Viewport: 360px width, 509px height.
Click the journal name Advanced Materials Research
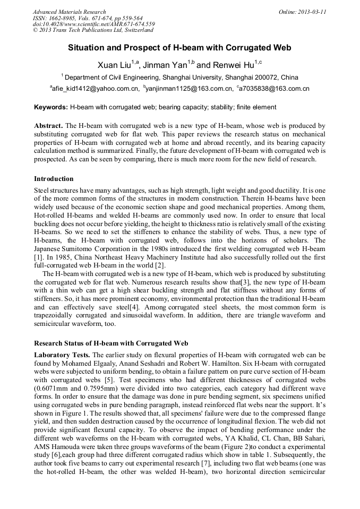[69, 12]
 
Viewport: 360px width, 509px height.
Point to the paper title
[179, 48]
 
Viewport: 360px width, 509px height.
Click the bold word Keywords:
[51, 107]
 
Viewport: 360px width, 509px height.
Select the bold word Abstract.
[48, 125]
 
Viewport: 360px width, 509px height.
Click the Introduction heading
[54, 178]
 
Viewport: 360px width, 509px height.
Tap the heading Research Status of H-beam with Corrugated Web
[111, 343]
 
